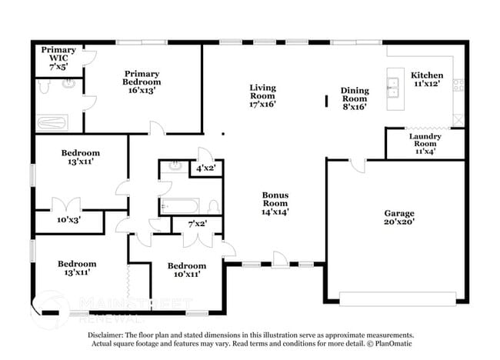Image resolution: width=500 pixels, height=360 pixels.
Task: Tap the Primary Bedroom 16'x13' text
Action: click(x=142, y=82)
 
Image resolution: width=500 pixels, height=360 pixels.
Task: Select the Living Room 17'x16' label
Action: click(x=262, y=95)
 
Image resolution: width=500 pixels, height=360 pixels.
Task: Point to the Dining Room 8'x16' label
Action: click(x=355, y=98)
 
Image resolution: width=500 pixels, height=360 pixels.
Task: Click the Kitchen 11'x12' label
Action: click(x=427, y=79)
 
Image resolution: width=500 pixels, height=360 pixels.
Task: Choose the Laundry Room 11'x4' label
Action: click(x=425, y=144)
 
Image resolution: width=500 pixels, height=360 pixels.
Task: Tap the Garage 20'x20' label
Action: click(x=399, y=218)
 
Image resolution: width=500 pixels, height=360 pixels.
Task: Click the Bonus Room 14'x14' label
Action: click(x=275, y=202)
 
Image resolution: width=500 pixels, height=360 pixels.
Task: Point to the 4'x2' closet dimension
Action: click(x=205, y=168)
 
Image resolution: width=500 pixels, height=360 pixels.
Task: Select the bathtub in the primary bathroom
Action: click(x=52, y=122)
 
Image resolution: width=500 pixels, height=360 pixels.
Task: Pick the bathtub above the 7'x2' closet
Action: click(x=180, y=205)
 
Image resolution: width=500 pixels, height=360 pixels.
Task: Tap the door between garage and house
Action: click(x=355, y=165)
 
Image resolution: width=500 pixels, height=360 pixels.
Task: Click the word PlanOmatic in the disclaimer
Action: click(x=392, y=344)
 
